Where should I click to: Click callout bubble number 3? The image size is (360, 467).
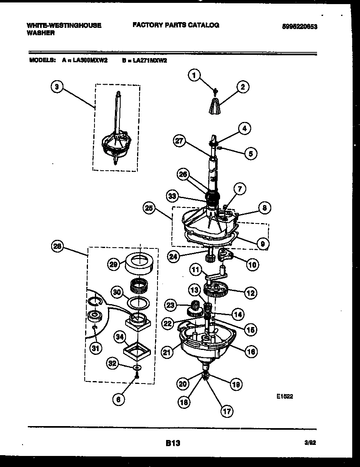(x=57, y=87)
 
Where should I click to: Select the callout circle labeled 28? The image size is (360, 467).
(x=57, y=246)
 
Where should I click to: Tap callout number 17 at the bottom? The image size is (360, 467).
(x=226, y=411)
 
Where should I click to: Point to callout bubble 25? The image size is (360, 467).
(x=149, y=208)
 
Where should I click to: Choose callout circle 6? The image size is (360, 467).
(x=118, y=400)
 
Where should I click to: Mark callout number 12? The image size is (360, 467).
(x=250, y=293)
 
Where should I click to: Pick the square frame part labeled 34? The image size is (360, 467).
(x=137, y=349)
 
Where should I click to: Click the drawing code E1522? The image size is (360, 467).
(x=285, y=396)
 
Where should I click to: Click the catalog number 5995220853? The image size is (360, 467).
(x=300, y=27)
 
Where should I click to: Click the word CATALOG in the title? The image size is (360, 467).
(x=203, y=25)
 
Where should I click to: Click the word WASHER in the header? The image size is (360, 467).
(x=40, y=33)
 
